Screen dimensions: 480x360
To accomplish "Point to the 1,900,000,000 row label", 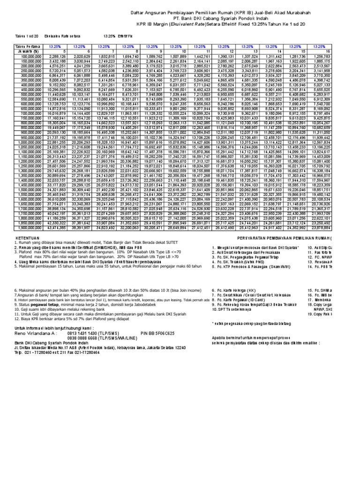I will (x=29, y=228).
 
